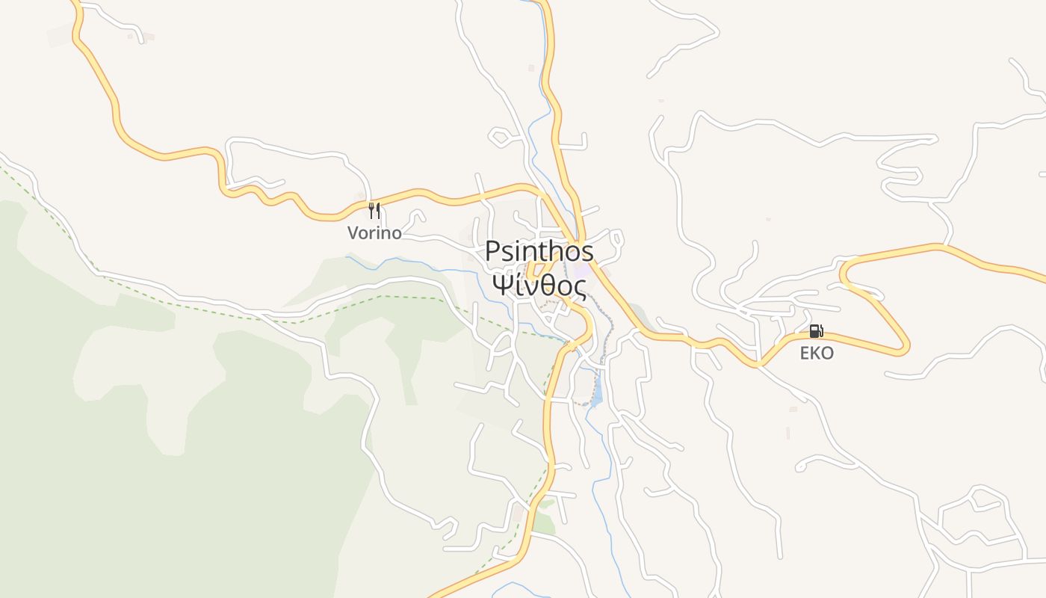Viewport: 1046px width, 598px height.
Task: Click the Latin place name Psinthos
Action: click(x=539, y=251)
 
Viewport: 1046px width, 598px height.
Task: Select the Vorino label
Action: click(x=374, y=233)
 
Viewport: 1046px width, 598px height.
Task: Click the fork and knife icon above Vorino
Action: click(x=374, y=210)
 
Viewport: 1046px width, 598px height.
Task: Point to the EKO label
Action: click(x=816, y=354)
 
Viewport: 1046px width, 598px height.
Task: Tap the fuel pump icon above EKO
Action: click(x=816, y=331)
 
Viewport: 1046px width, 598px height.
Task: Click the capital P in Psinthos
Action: click(x=492, y=251)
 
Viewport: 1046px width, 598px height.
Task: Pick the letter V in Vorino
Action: click(x=353, y=233)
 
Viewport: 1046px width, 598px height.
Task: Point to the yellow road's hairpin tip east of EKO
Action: click(x=906, y=348)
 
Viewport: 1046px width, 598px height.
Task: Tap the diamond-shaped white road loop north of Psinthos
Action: click(x=498, y=137)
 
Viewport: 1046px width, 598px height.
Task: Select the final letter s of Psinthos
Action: click(x=587, y=252)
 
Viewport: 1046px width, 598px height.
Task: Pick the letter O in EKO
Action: click(x=826, y=354)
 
